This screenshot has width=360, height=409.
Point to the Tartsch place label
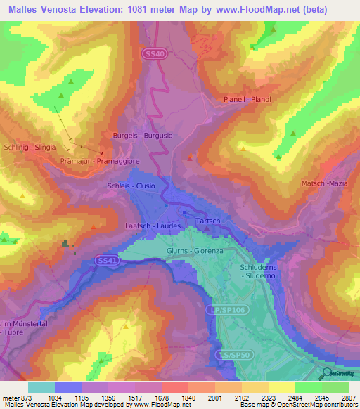tap(209, 220)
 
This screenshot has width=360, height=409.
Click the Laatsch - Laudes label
tap(153, 226)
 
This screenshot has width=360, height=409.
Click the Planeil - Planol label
tap(247, 99)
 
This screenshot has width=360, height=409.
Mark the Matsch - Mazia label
tap(324, 183)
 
